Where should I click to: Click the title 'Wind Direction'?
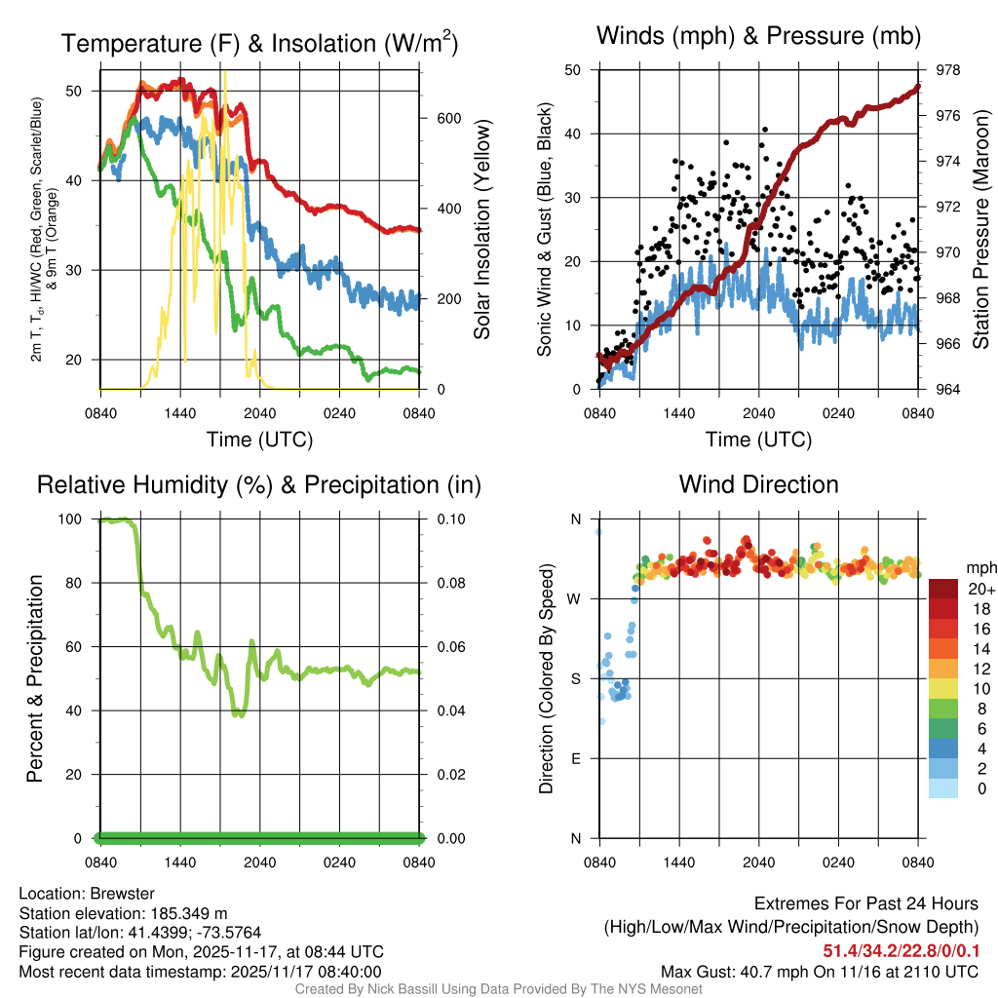758,484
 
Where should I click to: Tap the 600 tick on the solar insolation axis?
448,118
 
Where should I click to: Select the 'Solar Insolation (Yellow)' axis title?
482,230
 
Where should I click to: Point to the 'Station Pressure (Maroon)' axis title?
981,230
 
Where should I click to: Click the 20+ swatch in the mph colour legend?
942,589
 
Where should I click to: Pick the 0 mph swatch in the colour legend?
942,789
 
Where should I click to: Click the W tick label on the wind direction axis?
575,598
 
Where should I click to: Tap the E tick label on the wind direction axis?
576,758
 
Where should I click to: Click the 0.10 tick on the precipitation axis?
451,518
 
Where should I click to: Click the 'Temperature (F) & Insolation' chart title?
259,44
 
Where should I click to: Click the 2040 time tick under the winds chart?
758,411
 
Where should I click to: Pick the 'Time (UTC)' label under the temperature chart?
259,440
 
